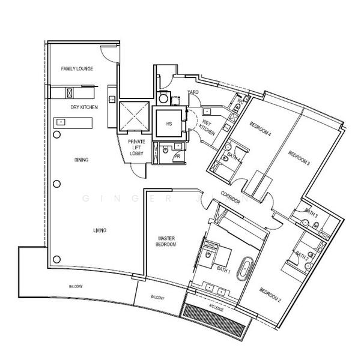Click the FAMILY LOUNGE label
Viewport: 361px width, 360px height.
coord(76,69)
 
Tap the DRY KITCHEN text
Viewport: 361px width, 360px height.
coord(80,107)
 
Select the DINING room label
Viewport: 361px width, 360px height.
coord(82,160)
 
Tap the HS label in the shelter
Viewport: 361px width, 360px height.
coord(169,124)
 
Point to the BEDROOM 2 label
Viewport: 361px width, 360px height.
coord(270,295)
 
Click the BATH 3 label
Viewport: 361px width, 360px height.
coord(311,212)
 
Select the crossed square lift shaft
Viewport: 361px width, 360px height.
coord(133,115)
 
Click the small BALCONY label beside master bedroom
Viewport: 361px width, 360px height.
coord(157,297)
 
